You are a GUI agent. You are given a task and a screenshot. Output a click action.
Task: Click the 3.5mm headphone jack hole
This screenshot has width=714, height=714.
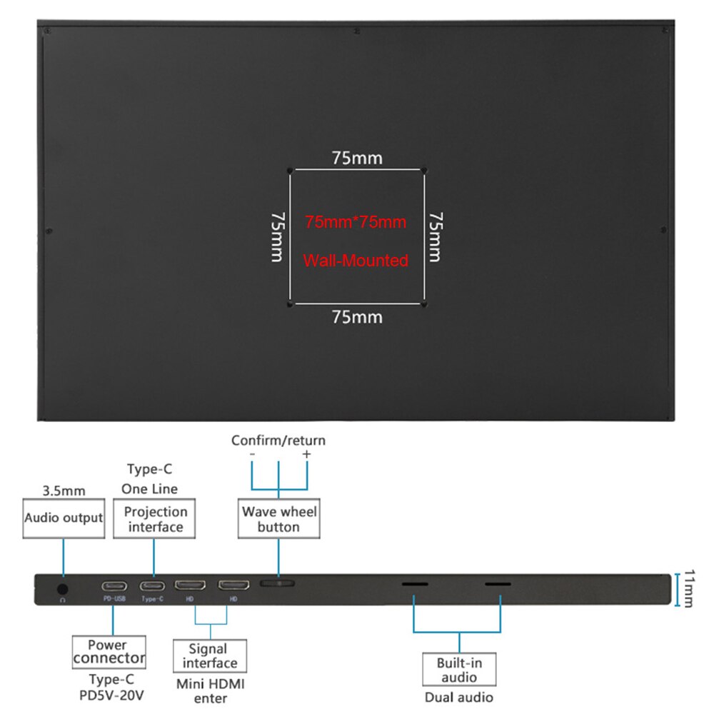pyautogui.click(x=63, y=589)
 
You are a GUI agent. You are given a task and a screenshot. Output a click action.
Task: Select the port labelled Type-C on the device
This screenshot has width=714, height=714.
pyautogui.click(x=152, y=586)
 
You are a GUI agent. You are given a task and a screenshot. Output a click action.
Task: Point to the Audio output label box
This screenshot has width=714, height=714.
pyautogui.click(x=64, y=518)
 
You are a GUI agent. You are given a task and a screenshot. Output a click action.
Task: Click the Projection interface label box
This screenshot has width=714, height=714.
pyautogui.click(x=155, y=519)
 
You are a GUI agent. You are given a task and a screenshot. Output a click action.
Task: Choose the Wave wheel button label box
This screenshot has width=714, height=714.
pyautogui.click(x=278, y=519)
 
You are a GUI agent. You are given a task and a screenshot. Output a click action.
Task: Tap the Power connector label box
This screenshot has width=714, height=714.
pyautogui.click(x=109, y=651)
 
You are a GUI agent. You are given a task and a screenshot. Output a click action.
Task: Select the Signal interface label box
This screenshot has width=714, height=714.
pyautogui.click(x=209, y=655)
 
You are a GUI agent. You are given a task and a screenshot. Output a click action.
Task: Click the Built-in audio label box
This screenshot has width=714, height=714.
pyautogui.click(x=459, y=670)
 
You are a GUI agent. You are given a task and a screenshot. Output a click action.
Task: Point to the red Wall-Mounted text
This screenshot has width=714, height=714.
pyautogui.click(x=356, y=261)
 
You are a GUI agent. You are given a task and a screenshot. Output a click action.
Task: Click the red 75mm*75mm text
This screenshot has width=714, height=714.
pyautogui.click(x=356, y=222)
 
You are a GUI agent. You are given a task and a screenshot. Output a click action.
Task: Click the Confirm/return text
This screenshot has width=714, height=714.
pyautogui.click(x=278, y=441)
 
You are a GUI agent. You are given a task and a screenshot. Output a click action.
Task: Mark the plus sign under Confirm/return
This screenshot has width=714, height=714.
pyautogui.click(x=306, y=454)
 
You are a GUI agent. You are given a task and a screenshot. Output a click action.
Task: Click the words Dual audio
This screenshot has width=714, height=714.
pyautogui.click(x=458, y=698)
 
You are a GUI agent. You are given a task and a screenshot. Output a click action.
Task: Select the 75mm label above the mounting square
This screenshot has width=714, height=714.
pyautogui.click(x=356, y=159)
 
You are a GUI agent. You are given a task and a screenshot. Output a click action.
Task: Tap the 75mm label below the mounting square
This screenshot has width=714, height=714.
pyautogui.click(x=356, y=317)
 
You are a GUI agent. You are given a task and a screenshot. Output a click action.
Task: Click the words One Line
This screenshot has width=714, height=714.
pyautogui.click(x=149, y=489)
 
